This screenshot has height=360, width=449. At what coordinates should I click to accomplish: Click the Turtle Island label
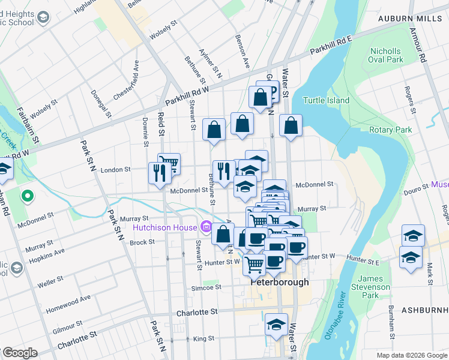tap(326, 100)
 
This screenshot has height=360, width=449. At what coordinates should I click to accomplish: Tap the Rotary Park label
tap(391, 130)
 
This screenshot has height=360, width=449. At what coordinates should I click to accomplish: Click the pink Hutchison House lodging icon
tap(206, 227)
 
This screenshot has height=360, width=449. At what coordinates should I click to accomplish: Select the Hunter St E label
tap(363, 262)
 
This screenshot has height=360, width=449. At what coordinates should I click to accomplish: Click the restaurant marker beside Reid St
tap(158, 173)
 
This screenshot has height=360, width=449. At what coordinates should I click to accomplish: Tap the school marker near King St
tap(277, 325)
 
